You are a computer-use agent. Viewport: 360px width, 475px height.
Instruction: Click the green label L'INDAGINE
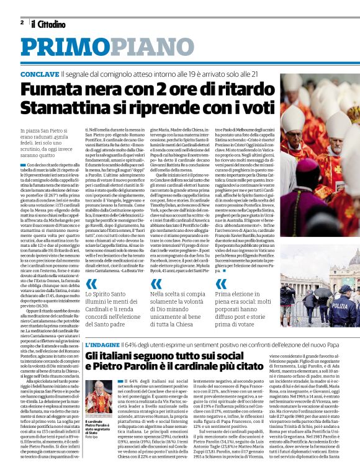(x=101, y=345)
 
